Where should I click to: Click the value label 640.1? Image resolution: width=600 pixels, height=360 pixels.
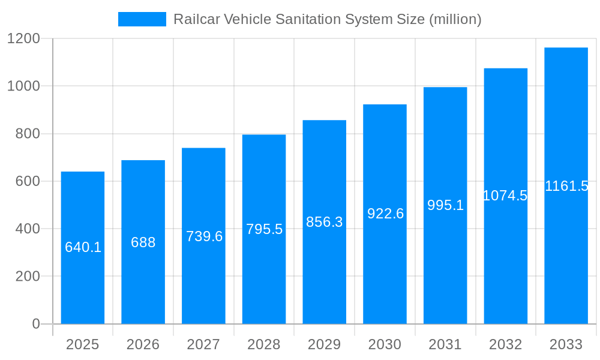tap(83, 247)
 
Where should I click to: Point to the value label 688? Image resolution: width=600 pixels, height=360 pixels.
tap(143, 242)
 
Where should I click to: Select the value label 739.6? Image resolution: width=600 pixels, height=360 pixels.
tap(204, 236)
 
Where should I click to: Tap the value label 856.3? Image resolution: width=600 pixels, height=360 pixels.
tap(325, 222)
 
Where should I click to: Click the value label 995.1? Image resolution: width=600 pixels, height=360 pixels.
tap(445, 205)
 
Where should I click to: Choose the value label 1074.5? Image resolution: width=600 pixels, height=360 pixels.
tap(505, 196)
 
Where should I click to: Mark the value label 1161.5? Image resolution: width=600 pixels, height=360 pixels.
tap(566, 186)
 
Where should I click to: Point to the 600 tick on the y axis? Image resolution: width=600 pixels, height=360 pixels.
tap(28, 181)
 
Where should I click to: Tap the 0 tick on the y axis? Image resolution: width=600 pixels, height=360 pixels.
tap(35, 324)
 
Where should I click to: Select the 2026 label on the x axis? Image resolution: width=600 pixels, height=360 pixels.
tap(143, 344)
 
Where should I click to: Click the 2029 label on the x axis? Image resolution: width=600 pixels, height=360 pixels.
tap(325, 344)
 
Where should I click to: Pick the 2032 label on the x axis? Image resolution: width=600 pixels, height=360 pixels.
tap(505, 344)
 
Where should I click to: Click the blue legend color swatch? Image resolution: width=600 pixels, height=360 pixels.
tap(142, 19)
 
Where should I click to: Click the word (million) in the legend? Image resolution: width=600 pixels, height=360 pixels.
tap(455, 19)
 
